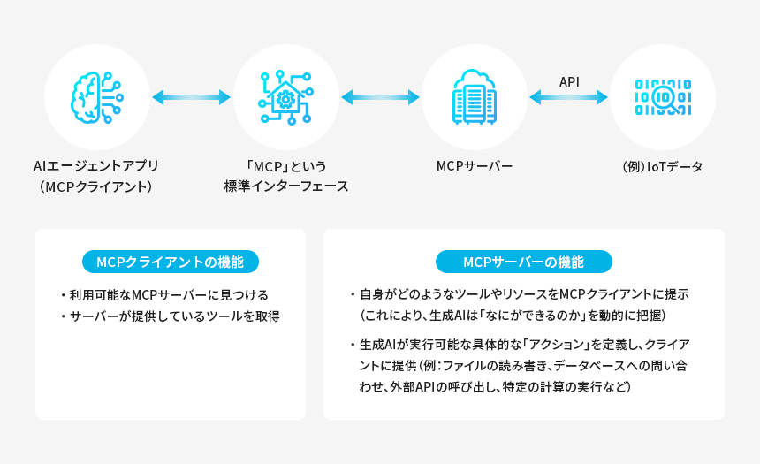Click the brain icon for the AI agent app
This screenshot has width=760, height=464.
[x=95, y=97]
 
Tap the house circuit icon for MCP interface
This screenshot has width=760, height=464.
[x=285, y=97]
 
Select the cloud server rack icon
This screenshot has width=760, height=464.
[x=475, y=97]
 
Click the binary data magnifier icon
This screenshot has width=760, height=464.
[x=663, y=97]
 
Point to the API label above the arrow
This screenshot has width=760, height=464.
[x=569, y=81]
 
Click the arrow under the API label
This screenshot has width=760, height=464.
[x=569, y=97]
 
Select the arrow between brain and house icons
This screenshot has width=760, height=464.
[x=191, y=97]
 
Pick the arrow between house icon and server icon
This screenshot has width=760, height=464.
[x=380, y=97]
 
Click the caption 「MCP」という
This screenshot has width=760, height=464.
[x=286, y=165]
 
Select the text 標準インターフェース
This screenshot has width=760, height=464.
[x=286, y=186]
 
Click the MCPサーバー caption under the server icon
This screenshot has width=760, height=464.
[x=475, y=165]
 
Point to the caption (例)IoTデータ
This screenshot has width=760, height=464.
[x=663, y=165]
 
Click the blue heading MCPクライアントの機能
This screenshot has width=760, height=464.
[x=170, y=262]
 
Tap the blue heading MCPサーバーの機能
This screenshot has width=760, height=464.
[x=523, y=262]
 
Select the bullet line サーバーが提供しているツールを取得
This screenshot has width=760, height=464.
[x=175, y=316]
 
